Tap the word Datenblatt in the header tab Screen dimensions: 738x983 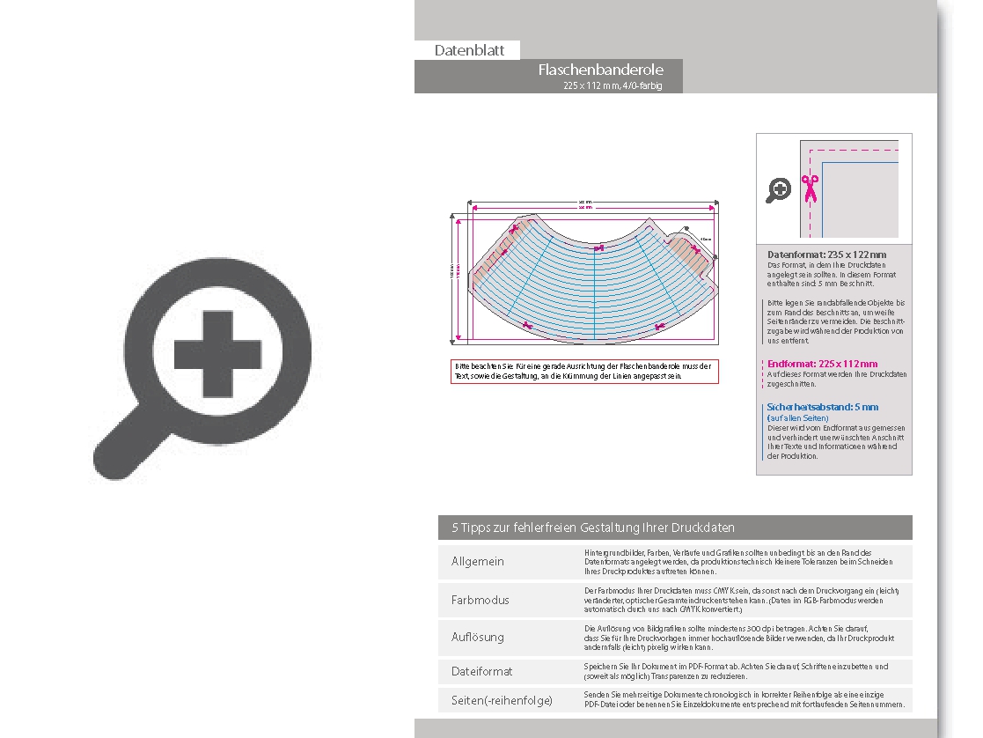point(469,50)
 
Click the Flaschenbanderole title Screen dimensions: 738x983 point(600,70)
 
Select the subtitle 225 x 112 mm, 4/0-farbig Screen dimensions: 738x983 point(613,85)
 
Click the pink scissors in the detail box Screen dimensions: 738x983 point(810,188)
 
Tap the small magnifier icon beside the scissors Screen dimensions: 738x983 point(778,189)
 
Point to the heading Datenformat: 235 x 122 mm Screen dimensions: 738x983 point(826,255)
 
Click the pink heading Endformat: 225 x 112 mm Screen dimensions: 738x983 point(822,364)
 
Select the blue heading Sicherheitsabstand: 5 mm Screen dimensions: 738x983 point(822,407)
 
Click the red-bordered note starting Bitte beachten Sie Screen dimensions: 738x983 point(583,371)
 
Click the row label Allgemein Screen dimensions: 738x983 point(478,561)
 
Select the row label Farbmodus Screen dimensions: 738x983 point(480,600)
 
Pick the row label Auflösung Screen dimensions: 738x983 point(478,636)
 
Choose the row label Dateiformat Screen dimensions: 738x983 point(481,671)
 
